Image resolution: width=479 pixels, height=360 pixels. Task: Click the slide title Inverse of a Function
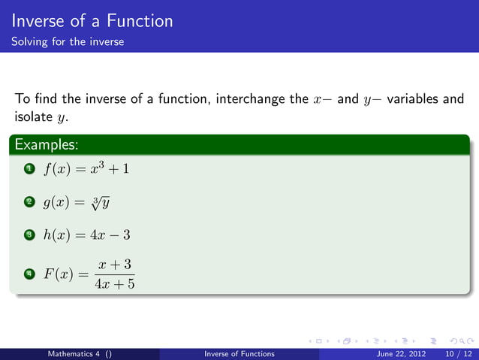pyautogui.click(x=92, y=20)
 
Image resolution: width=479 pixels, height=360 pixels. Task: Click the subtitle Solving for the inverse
pyautogui.click(x=68, y=41)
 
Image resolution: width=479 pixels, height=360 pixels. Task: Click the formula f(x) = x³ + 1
pyautogui.click(x=86, y=168)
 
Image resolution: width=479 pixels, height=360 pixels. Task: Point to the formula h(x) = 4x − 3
pyautogui.click(x=86, y=235)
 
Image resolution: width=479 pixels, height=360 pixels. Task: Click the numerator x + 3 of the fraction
pyautogui.click(x=116, y=265)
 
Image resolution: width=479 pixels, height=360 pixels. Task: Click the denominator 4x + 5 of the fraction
pyautogui.click(x=116, y=284)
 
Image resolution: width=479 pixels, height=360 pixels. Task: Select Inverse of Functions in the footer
pyautogui.click(x=239, y=353)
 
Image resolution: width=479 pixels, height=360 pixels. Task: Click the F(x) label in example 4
pyautogui.click(x=56, y=274)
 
